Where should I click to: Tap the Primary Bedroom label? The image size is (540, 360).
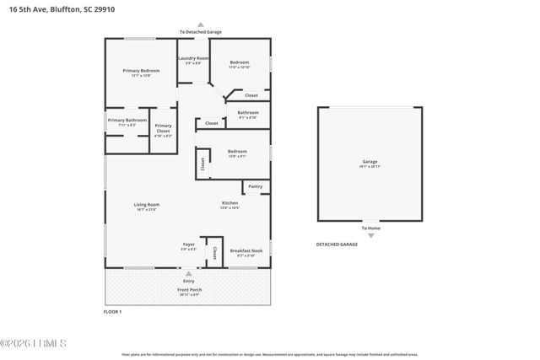coord(141,71)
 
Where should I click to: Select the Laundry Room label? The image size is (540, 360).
coord(193,58)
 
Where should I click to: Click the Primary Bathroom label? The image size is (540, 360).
coord(127,121)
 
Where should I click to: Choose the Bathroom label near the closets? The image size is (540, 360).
coord(248,113)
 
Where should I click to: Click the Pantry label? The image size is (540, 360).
coord(255,186)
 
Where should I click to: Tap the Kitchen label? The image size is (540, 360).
coord(229,203)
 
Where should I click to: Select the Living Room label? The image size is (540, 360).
coord(147,205)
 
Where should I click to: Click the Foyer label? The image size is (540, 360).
coord(189,244)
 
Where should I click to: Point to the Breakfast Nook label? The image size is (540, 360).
coord(246,250)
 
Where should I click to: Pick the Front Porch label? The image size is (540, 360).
coord(189,290)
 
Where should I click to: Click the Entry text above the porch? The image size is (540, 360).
coord(188,281)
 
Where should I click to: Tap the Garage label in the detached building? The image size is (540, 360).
coord(370,161)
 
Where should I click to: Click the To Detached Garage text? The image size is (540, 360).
coord(200,32)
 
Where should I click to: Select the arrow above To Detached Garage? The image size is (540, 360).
coord(200,24)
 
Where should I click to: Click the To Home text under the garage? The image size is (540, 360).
coord(370,228)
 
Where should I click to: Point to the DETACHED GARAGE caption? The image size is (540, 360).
coord(337,244)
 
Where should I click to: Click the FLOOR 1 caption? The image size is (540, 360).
coord(113,312)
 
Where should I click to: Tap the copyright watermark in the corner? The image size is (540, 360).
coord(34,343)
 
